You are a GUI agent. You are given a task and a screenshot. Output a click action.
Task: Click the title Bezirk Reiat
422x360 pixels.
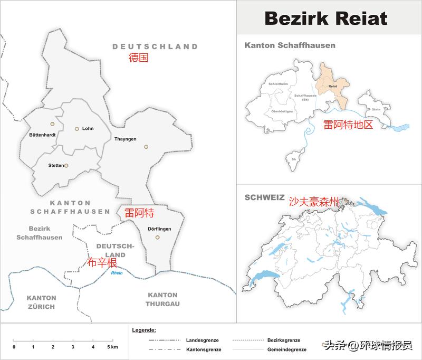pyautogui.click(x=325, y=18)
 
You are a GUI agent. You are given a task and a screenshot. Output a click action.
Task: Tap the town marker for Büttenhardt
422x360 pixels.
pyautogui.click(x=52, y=124)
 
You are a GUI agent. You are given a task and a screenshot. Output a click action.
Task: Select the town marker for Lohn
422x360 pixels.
pyautogui.click(x=76, y=128)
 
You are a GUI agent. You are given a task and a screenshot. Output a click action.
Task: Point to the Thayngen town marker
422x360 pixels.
pyautogui.click(x=146, y=147)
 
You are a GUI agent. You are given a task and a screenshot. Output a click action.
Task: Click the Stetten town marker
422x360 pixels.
pyautogui.click(x=66, y=165)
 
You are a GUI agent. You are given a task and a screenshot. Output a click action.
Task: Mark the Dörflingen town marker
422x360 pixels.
pyautogui.click(x=157, y=238)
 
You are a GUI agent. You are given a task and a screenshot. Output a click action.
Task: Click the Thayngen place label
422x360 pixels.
pyautogui.click(x=126, y=139)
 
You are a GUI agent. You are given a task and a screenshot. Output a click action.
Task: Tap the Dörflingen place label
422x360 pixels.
pyautogui.click(x=158, y=229)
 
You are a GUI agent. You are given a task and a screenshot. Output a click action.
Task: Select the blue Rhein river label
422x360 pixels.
pyautogui.click(x=117, y=273)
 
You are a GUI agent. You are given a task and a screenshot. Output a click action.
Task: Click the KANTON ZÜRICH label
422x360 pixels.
pyautogui.click(x=41, y=302)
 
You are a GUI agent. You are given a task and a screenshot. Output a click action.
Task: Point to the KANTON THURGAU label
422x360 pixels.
pyautogui.click(x=162, y=299)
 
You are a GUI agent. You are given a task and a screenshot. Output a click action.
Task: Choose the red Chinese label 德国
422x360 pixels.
pyautogui.click(x=139, y=58)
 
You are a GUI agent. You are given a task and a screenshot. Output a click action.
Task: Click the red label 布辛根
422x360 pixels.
pyautogui.click(x=102, y=263)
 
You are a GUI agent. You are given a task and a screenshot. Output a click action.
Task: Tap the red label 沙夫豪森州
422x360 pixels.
pyautogui.click(x=313, y=202)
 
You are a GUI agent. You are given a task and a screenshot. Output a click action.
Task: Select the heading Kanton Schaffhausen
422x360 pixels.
pyautogui.click(x=290, y=45)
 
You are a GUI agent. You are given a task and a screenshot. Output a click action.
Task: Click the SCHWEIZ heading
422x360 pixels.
pyautogui.click(x=264, y=197)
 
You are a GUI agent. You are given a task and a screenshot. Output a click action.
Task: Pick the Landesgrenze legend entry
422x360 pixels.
pyautogui.click(x=202, y=340)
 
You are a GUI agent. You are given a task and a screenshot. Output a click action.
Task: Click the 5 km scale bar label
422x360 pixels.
pyautogui.click(x=112, y=347)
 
